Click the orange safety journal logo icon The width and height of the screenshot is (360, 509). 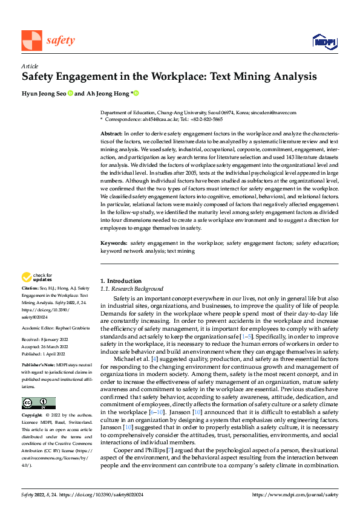31,41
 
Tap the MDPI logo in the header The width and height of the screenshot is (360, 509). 324,41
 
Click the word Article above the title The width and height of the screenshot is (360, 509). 29,65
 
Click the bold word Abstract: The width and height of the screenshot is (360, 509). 111,132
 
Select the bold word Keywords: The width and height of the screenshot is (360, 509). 114,243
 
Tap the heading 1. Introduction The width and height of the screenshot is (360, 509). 121,281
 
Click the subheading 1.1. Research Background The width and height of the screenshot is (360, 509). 131,289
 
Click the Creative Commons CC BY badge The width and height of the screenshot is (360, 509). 38,403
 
